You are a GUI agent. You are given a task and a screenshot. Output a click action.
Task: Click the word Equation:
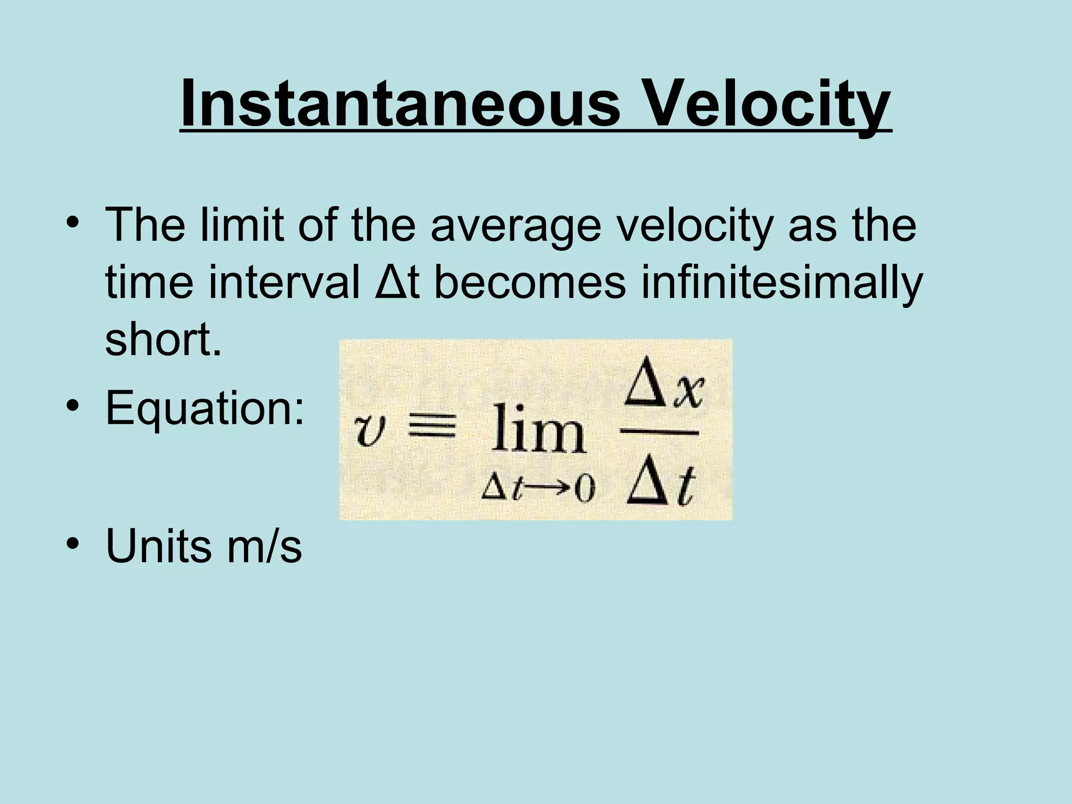205,409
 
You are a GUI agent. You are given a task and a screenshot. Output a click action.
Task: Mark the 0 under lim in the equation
584,490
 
